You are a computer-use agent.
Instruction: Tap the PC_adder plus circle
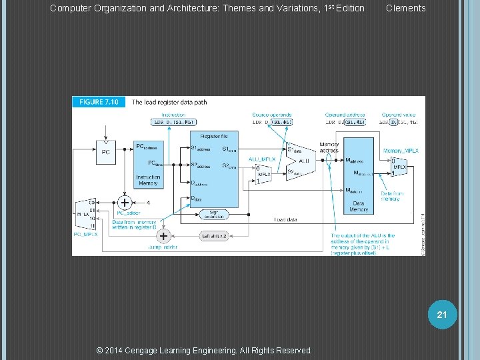coord(124,202)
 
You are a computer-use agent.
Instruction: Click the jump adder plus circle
coord(163,236)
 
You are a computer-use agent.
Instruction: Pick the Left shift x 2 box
coord(215,236)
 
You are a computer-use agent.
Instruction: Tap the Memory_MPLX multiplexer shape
coord(399,166)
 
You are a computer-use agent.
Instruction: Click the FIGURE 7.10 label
coord(99,102)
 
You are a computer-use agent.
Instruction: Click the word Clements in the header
coord(405,8)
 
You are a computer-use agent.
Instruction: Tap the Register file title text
coord(214,136)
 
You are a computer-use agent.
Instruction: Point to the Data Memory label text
coord(359,207)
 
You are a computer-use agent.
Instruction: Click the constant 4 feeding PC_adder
coord(148,202)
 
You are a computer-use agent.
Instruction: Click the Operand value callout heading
coord(399,115)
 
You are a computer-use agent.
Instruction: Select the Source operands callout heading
coord(269,115)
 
